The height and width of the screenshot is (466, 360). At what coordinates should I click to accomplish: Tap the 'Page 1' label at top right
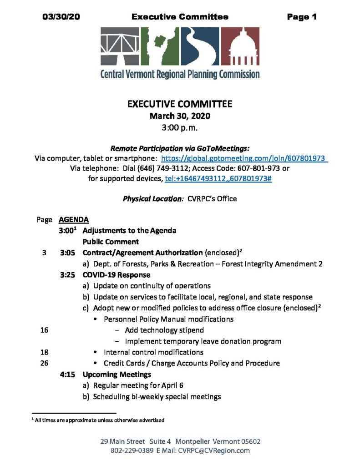tap(301, 17)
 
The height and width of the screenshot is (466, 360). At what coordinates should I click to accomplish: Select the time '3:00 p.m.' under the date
tap(180, 128)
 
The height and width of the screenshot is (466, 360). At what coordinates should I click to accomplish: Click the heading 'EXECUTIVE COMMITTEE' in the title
tap(180, 104)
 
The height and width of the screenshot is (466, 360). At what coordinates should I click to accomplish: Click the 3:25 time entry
tap(67, 275)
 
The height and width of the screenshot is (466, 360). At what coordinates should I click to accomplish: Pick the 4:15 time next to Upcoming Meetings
tap(67, 375)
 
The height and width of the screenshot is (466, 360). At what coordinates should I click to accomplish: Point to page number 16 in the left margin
tap(44, 330)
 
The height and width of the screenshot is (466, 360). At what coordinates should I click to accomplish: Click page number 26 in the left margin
tap(44, 363)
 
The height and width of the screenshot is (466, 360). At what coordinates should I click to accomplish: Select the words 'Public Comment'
tap(111, 242)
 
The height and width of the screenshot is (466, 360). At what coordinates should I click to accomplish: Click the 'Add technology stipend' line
tap(164, 330)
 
